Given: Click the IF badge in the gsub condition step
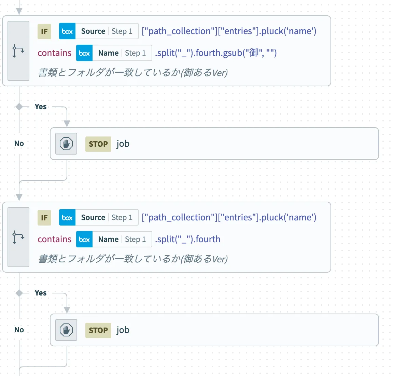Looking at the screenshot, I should [44, 31].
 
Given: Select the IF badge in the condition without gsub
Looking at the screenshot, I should [44, 218].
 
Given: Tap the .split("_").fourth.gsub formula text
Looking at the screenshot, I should [216, 53].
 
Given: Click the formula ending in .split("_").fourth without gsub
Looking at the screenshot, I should [187, 239].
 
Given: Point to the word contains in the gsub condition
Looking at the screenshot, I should [55, 53].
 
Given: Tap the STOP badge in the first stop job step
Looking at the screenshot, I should [98, 144].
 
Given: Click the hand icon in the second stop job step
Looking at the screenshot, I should [66, 330].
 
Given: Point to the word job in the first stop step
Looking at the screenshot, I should [123, 144].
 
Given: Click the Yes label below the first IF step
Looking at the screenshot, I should [41, 106].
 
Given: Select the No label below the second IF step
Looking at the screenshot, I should [19, 330].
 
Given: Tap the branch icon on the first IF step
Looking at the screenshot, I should [18, 51].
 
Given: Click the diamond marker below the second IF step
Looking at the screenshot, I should [19, 293].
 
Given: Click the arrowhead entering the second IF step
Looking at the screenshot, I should [19, 197].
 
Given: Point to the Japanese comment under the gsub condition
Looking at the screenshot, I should [133, 72].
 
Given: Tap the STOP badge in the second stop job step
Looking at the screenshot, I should [98, 330].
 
